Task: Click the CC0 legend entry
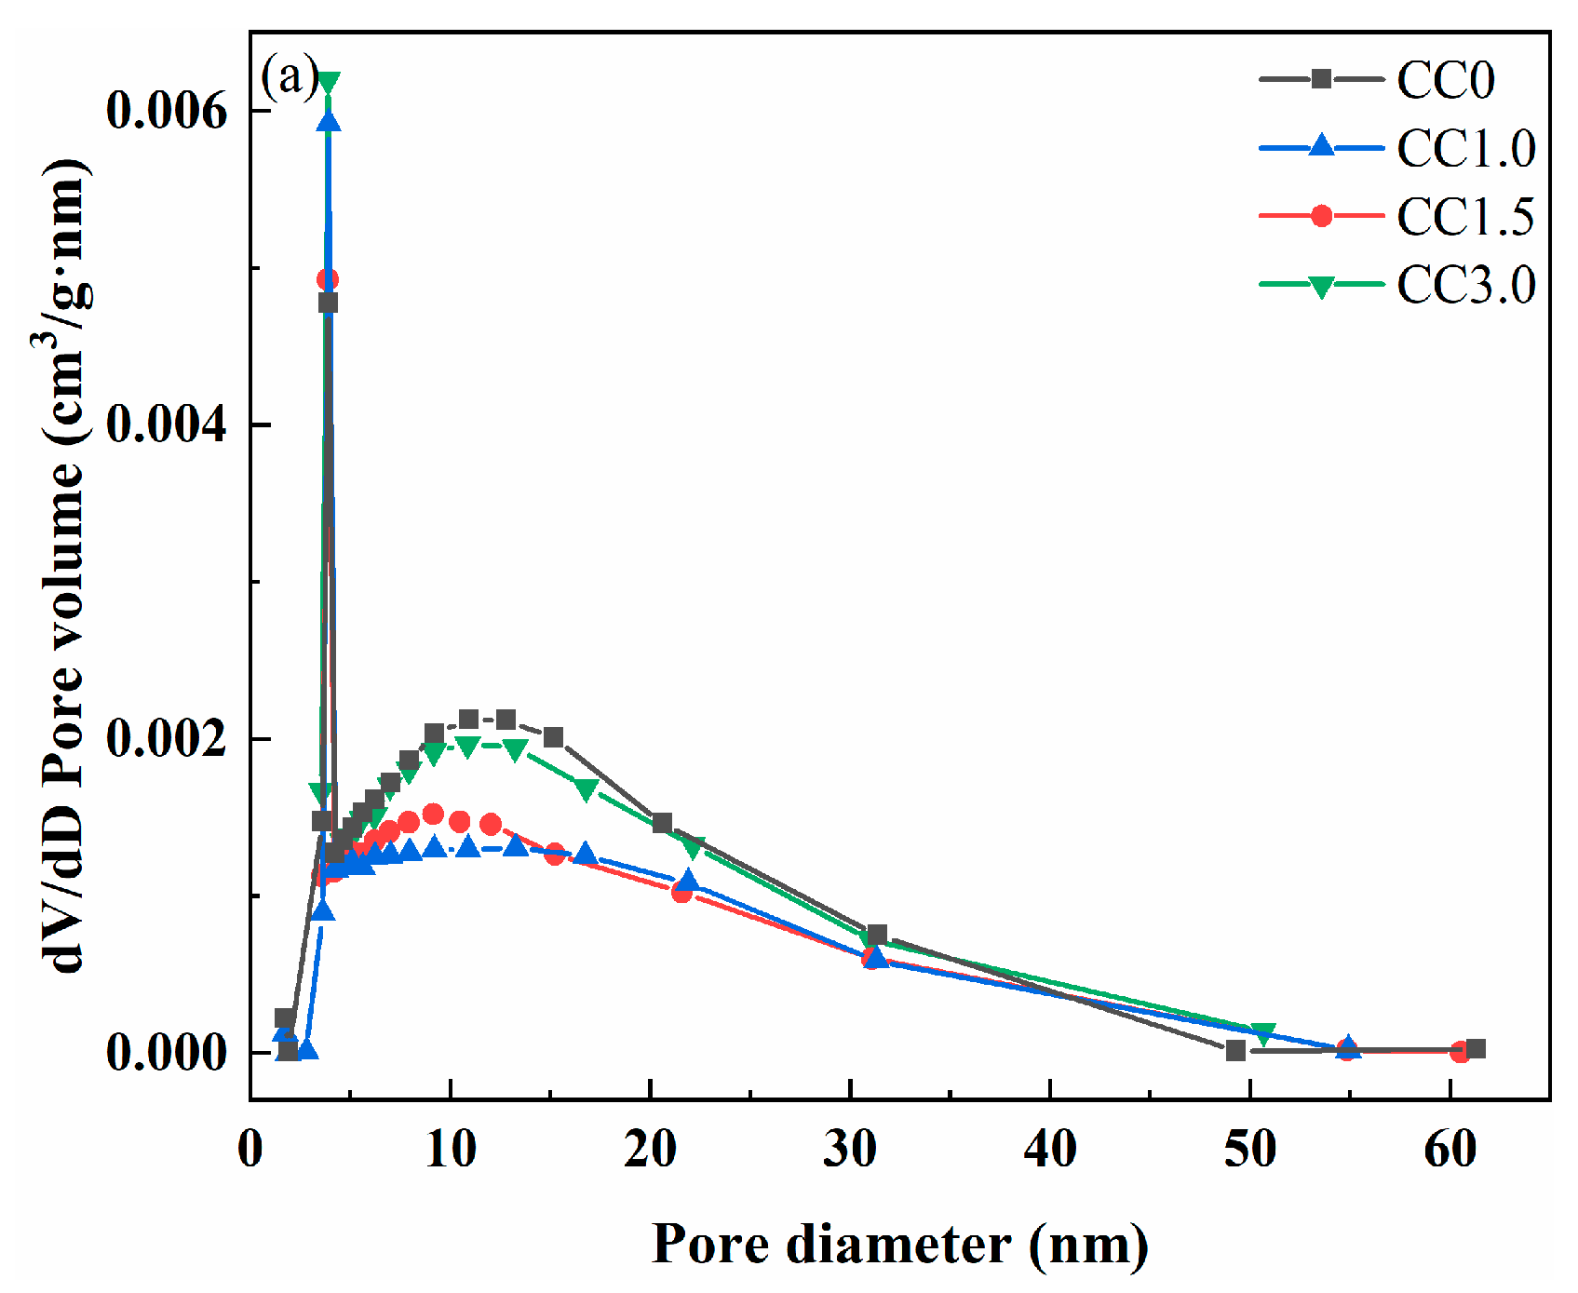coord(1445,80)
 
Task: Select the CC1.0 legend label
coord(1465,149)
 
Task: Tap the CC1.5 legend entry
coord(1465,217)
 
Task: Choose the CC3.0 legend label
coord(1465,285)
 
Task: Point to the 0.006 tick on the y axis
coord(167,111)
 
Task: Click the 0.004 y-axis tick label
coord(167,424)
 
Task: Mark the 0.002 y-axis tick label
coord(167,738)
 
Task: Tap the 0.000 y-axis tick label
coord(167,1052)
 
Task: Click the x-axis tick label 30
coord(850,1149)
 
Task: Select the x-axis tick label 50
coord(1249,1149)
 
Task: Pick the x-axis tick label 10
coord(451,1149)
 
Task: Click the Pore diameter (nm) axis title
coord(899,1244)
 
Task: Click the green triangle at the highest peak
coord(328,83)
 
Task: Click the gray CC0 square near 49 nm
coord(1235,1050)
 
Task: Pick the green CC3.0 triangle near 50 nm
coord(1263,1033)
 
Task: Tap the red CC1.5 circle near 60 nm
coord(1460,1051)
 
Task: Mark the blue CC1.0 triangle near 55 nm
coord(1347,1048)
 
